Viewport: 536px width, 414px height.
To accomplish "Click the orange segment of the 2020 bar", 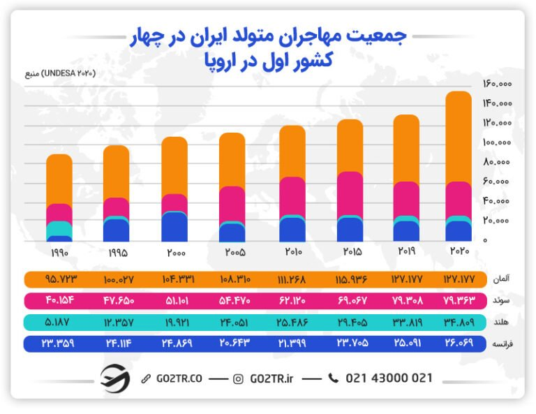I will pos(458,136).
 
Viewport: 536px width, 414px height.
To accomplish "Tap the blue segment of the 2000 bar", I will pos(174,228).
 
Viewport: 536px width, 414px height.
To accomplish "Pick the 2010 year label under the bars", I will pos(292,251).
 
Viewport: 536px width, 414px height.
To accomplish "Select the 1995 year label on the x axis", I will pos(117,252).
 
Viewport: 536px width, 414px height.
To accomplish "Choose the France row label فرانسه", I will pos(500,344).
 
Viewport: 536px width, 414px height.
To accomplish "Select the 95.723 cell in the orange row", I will pos(61,279).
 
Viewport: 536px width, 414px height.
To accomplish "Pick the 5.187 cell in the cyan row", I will pos(61,323).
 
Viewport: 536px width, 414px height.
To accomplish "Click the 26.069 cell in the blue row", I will pos(458,344).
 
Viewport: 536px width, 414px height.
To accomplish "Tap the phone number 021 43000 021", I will pos(389,378).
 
